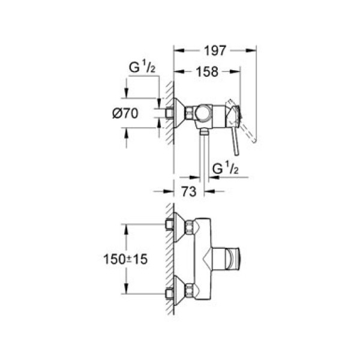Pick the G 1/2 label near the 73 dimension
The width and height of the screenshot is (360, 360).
225,170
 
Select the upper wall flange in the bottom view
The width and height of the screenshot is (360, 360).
176,226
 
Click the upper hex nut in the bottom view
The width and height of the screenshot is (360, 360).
190,227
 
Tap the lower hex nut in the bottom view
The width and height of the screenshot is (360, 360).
190,293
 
